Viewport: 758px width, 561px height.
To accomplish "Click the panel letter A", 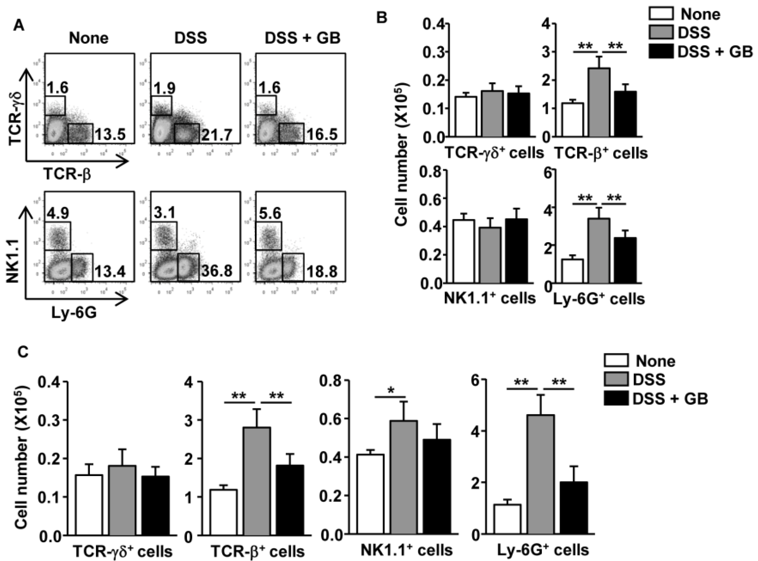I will click(x=19, y=25).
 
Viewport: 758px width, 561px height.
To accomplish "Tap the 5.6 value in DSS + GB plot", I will click(x=269, y=214).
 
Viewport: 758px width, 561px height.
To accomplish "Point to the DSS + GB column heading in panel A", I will click(x=302, y=38).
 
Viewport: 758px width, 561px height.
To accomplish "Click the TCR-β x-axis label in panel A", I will click(x=67, y=175).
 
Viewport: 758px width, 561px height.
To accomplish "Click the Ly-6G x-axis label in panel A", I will click(x=74, y=312).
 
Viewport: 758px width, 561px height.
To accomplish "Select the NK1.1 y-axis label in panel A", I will click(x=13, y=247).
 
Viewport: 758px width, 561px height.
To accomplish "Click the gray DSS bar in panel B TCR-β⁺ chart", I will click(x=599, y=102).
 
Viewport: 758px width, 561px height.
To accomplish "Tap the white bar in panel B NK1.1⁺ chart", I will click(x=464, y=251).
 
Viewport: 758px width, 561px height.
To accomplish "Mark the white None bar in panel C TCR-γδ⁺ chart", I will click(x=89, y=506).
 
